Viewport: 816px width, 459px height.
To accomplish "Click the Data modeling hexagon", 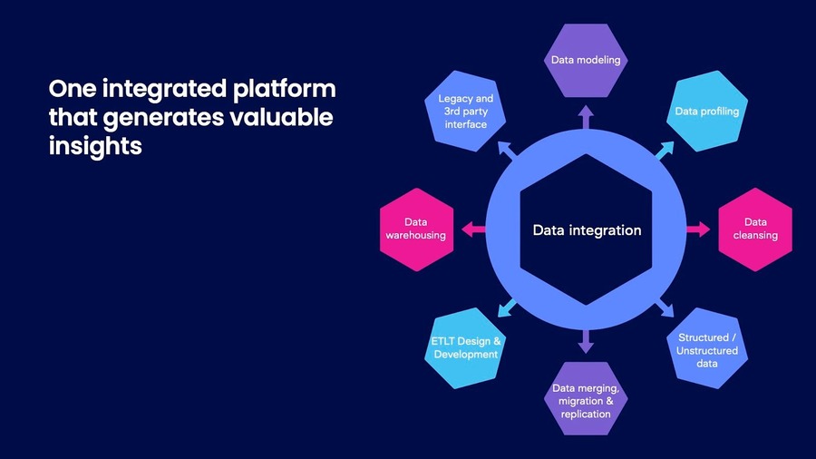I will click(x=586, y=61).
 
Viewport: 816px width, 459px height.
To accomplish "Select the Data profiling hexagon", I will click(x=706, y=112).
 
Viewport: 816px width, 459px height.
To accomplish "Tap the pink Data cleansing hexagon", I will click(x=754, y=229).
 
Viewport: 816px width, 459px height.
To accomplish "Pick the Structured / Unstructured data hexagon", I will click(x=707, y=350).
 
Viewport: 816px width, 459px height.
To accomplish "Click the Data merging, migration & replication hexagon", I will click(x=586, y=400).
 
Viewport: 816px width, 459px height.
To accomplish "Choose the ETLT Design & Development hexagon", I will click(x=465, y=348).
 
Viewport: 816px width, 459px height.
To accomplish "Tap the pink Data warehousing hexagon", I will click(x=417, y=229).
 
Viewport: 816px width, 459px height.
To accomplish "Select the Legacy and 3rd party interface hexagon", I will click(x=465, y=111).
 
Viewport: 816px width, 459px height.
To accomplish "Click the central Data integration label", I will click(x=587, y=230).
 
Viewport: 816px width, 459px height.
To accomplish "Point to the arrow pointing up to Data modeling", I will click(x=586, y=115).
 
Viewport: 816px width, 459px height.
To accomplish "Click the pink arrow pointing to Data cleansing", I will click(x=699, y=229).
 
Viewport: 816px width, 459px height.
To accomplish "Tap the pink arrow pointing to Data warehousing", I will click(x=472, y=229).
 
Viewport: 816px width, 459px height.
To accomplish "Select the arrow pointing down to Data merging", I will click(x=586, y=343).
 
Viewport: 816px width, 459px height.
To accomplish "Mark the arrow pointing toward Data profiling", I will click(x=666, y=150).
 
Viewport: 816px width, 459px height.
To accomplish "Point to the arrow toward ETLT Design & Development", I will click(x=506, y=309).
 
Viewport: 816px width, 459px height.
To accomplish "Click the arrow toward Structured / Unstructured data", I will click(x=665, y=309).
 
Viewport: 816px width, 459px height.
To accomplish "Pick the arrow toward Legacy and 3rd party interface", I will click(x=506, y=150).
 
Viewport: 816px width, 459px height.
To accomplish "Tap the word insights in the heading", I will click(x=95, y=145).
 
